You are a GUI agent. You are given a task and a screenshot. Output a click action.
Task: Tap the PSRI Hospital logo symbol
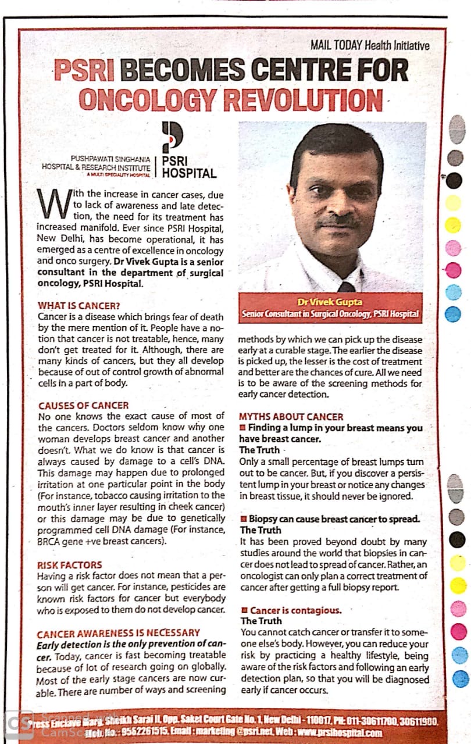pos(172,137)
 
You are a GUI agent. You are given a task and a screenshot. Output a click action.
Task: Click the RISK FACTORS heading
pos(69,564)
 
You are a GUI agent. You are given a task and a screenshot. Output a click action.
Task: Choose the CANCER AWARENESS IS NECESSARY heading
pos(118,632)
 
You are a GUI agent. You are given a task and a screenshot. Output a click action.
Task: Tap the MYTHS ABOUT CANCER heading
pos(291,417)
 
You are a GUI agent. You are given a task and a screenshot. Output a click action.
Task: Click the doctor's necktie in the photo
pos(347,286)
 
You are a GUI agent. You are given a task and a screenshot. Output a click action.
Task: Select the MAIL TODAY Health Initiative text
pos(370,45)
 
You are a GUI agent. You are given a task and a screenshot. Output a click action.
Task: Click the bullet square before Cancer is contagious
pos(244,610)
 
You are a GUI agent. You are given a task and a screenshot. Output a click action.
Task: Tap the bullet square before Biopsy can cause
pos(244,518)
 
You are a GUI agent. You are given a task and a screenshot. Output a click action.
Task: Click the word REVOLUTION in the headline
pos(302,99)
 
